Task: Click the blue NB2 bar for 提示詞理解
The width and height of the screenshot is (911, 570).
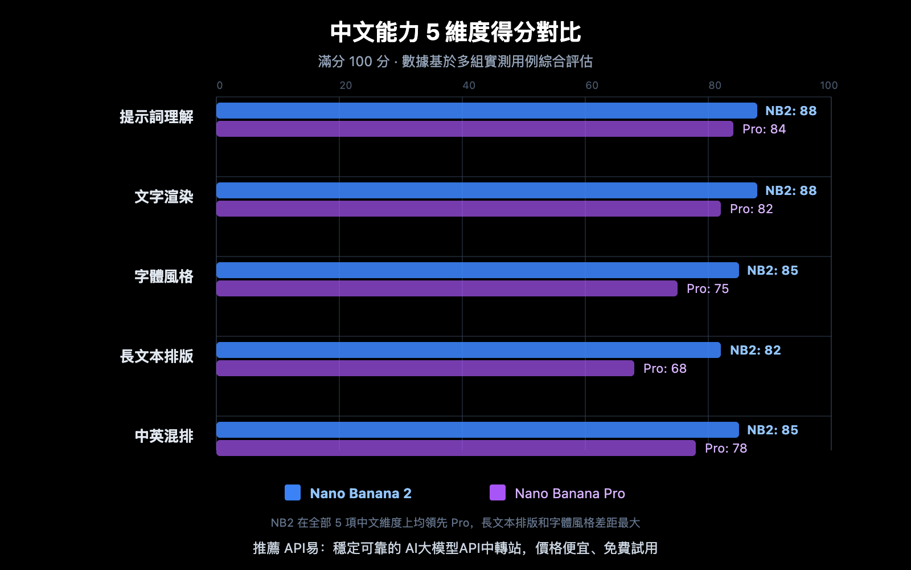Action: point(487,111)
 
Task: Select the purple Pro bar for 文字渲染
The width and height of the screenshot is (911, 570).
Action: point(469,209)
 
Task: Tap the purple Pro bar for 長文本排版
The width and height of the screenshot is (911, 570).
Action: point(425,368)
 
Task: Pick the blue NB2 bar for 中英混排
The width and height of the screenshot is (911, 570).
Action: point(478,430)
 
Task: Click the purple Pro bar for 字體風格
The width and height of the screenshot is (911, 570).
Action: point(447,288)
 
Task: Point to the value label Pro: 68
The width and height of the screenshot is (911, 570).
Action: point(664,368)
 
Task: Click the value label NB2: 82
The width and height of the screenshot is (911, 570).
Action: point(755,350)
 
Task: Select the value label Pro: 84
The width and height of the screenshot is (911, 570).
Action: point(764,129)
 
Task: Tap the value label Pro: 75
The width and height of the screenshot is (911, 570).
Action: point(707,288)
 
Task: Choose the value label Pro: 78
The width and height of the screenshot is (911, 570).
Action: point(725,448)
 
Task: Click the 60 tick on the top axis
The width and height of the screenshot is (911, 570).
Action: point(592,85)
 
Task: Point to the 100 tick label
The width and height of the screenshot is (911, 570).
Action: point(828,85)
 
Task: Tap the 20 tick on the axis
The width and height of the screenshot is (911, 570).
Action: point(346,85)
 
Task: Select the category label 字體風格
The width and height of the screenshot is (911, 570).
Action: point(164,276)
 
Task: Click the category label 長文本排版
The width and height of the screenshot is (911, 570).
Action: point(157,356)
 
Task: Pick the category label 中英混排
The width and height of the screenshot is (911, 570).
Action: point(164,436)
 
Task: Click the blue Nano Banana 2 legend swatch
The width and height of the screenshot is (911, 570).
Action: point(293,492)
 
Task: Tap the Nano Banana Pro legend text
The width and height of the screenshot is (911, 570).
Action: point(569,494)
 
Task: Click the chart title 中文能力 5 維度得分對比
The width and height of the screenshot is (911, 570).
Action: point(455,32)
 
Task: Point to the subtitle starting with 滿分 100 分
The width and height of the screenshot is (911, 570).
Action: point(455,62)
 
